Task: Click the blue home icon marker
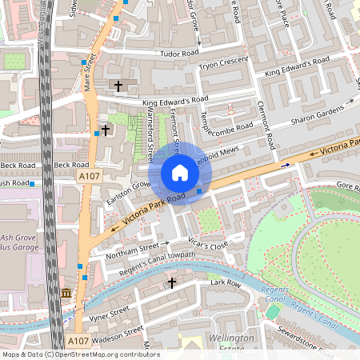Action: pyautogui.click(x=180, y=173)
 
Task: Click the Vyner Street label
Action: pyautogui.click(x=108, y=313)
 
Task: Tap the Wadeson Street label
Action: pyautogui.click(x=116, y=333)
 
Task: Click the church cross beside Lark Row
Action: pyautogui.click(x=170, y=282)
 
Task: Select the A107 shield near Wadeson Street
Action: pyautogui.click(x=78, y=341)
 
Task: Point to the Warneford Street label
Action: pyautogui.click(x=150, y=136)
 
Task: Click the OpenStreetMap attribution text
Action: pyautogui.click(x=81, y=354)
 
